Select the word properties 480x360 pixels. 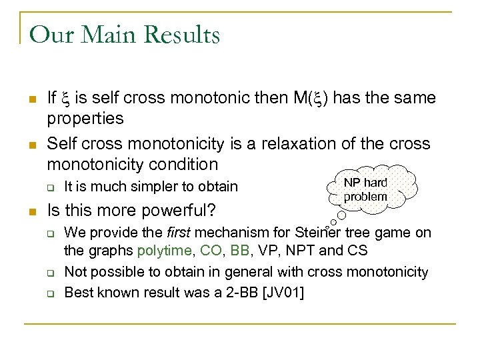(85, 119)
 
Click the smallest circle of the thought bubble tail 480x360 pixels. (327, 227)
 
